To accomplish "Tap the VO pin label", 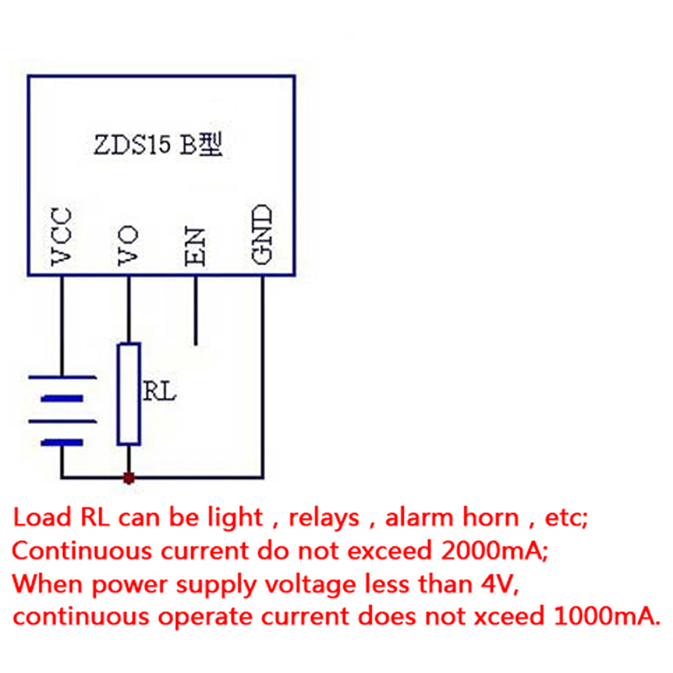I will click(x=128, y=245).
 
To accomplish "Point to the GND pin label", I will click(x=262, y=236).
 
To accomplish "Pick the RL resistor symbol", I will click(x=129, y=393).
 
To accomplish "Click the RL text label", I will click(x=159, y=391).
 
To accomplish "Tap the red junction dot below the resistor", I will click(x=129, y=478).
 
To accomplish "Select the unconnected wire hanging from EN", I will click(x=195, y=311).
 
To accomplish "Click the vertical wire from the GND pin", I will click(x=262, y=379).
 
